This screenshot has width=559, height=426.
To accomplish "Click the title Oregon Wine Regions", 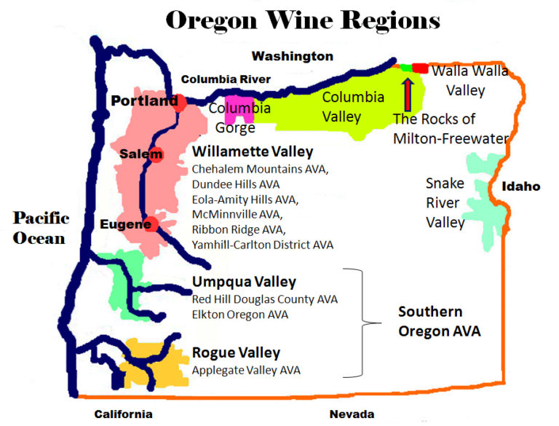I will pyautogui.click(x=302, y=20).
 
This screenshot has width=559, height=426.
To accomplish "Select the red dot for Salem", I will pyautogui.click(x=154, y=154).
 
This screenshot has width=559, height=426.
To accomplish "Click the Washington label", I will pyautogui.click(x=292, y=56).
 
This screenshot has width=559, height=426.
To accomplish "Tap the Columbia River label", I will pyautogui.click(x=226, y=79).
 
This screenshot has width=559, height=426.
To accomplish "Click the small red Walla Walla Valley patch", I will pyautogui.click(x=419, y=68).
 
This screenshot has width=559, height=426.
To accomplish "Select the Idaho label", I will pyautogui.click(x=520, y=186).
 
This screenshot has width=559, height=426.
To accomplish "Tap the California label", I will pyautogui.click(x=123, y=414).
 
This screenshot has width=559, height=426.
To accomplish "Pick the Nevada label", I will pyautogui.click(x=352, y=414).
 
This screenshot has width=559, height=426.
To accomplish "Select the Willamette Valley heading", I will pyautogui.click(x=253, y=152).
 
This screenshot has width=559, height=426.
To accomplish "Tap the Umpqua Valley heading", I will pyautogui.click(x=244, y=282).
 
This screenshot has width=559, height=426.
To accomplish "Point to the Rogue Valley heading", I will pyautogui.click(x=236, y=353).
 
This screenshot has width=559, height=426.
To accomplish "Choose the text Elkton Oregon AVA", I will pyautogui.click(x=239, y=315).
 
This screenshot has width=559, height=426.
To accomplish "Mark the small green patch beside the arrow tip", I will pyautogui.click(x=405, y=67).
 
